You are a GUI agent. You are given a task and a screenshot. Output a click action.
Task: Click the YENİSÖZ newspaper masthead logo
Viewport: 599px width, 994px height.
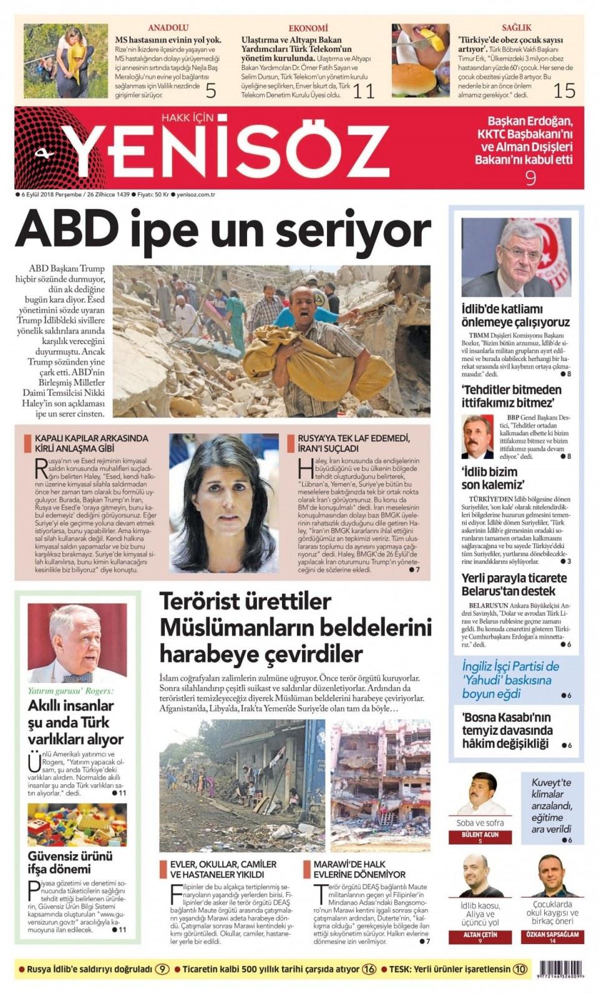tap(228, 148)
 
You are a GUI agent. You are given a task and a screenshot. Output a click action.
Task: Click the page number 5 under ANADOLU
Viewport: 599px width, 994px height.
tap(211, 91)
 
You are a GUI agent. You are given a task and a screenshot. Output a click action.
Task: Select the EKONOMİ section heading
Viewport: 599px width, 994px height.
tap(308, 28)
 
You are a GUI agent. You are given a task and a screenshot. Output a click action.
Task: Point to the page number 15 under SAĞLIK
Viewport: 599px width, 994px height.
tap(563, 91)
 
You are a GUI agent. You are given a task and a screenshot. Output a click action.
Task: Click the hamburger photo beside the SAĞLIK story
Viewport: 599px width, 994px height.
tap(420, 60)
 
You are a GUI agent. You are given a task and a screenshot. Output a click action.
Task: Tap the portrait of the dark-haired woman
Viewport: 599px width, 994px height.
tap(224, 503)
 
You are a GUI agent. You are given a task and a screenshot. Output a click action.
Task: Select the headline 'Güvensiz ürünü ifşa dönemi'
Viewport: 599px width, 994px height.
tap(71, 862)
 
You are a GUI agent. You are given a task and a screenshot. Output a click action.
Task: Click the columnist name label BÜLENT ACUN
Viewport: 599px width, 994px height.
tap(480, 835)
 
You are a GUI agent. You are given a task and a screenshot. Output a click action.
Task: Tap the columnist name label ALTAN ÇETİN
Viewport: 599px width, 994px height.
tap(480, 935)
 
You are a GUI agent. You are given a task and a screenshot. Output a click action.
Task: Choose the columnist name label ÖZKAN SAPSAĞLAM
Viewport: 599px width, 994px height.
tap(552, 935)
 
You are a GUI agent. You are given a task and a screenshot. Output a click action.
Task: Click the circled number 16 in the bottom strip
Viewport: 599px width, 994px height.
tap(369, 970)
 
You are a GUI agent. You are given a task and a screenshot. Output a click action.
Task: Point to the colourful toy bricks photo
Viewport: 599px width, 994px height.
tap(77, 824)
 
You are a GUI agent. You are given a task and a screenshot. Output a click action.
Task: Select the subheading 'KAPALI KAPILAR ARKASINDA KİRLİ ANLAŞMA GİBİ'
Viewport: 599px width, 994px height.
tap(91, 443)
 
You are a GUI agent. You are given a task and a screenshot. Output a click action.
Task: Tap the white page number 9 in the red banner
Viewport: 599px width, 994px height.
tap(530, 178)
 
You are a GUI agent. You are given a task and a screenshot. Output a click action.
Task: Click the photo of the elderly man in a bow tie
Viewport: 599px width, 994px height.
tap(77, 644)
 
